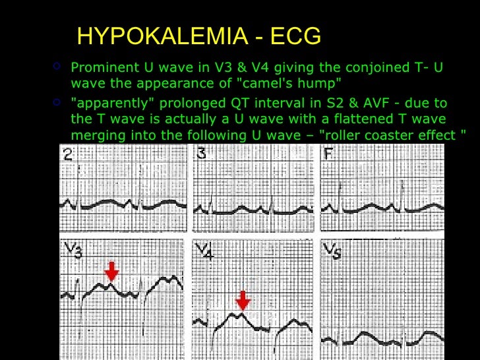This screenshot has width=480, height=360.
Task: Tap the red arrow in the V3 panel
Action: click(112, 270)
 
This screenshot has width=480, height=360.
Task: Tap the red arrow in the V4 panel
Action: click(243, 300)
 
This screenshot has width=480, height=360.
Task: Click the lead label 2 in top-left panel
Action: click(68, 156)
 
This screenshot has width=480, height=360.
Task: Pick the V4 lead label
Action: click(205, 251)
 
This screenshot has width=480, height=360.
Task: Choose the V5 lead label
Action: click(334, 251)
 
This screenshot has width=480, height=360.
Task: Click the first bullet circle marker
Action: click(57, 67)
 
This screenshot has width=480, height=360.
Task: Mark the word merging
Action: click(93, 135)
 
